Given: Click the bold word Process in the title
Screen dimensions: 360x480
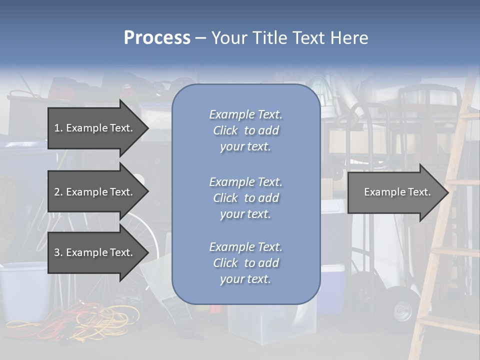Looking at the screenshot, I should tap(157, 38).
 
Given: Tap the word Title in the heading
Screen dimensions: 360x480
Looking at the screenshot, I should tap(270, 38).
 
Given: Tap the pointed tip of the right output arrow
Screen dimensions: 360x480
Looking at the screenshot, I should tap(446, 192).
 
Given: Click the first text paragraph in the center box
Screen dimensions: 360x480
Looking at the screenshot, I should tap(245, 130).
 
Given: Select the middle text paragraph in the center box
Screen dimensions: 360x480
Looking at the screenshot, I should tap(245, 198).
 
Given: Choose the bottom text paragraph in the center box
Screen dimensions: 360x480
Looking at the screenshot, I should tap(245, 263).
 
